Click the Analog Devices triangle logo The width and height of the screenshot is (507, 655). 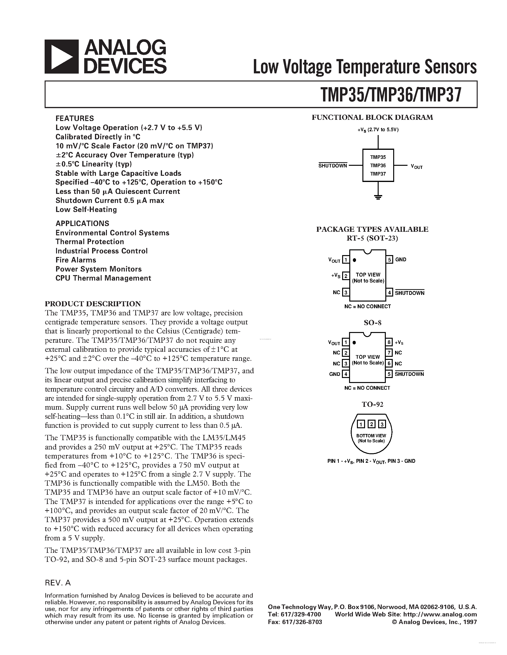[x=62, y=57]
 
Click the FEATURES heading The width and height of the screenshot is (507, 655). [x=74, y=118]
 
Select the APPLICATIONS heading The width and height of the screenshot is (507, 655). [x=82, y=223]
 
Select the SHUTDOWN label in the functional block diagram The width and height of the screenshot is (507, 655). [x=333, y=166]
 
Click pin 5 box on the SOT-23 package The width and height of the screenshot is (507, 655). [x=390, y=259]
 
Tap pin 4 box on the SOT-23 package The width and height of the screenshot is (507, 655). [x=390, y=292]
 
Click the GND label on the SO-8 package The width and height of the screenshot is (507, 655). [x=335, y=374]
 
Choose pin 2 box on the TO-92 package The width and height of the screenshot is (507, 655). [x=371, y=424]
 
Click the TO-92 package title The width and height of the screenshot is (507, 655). [x=372, y=404]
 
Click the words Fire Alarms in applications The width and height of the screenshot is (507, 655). [x=76, y=260]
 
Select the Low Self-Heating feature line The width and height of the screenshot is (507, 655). [x=86, y=209]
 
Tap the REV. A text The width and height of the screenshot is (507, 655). [x=58, y=583]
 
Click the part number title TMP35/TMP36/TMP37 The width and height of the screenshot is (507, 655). [x=391, y=95]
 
